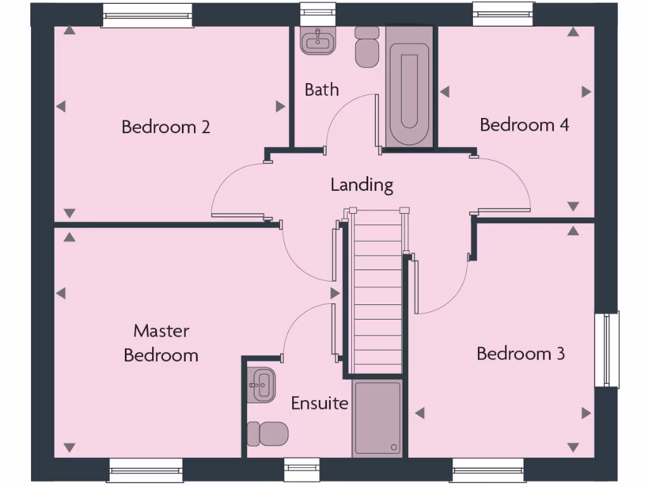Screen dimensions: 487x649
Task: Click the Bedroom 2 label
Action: (x=165, y=127)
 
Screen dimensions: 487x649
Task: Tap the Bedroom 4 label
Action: (x=524, y=124)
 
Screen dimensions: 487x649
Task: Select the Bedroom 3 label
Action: (x=520, y=353)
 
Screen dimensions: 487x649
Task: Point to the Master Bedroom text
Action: (x=161, y=342)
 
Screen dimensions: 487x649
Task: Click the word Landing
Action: (x=362, y=185)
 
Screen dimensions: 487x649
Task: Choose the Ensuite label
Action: (x=319, y=403)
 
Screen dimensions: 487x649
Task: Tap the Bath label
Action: (x=321, y=89)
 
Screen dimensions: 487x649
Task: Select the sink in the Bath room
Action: (x=318, y=42)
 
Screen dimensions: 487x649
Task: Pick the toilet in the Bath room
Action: (x=366, y=47)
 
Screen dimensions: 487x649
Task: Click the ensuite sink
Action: (x=262, y=384)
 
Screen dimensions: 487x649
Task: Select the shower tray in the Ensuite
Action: (x=377, y=419)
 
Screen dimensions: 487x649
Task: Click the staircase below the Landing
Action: (x=377, y=292)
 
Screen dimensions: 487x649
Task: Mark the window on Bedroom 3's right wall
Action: (x=607, y=349)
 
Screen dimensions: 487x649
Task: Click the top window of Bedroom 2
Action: (x=147, y=15)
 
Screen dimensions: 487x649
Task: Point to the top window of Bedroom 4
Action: (x=503, y=14)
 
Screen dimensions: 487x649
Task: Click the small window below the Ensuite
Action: (x=302, y=470)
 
